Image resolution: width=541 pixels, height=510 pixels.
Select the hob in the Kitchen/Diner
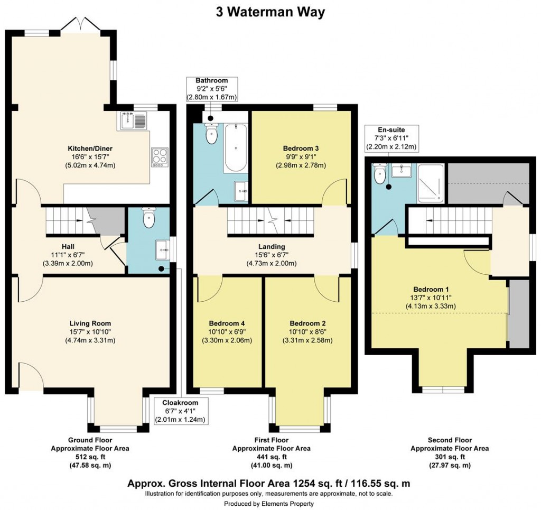click(160, 156)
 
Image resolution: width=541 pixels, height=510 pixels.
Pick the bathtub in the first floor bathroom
click(235, 148)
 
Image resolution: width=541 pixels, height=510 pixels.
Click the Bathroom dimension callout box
click(211, 89)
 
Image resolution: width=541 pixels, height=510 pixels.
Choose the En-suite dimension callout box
click(390, 138)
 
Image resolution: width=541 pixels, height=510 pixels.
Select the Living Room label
click(90, 323)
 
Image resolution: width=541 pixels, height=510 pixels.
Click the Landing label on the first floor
click(272, 247)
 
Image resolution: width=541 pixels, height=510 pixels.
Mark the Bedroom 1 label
click(431, 290)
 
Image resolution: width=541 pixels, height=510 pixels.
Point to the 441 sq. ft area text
click(271, 457)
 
